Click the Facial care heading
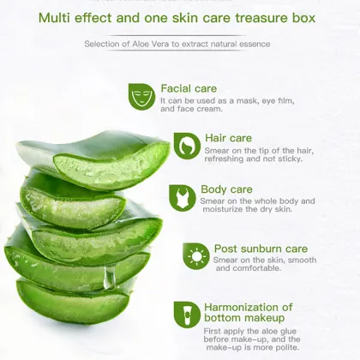(189, 88)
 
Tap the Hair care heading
(228, 137)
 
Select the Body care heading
(226, 189)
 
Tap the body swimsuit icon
(182, 198)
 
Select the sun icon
(196, 255)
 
